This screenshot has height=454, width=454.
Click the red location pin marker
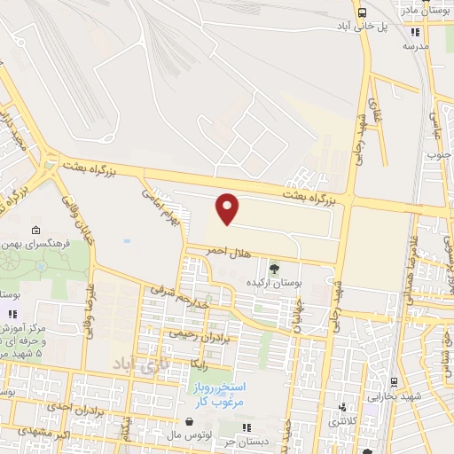point(229,208)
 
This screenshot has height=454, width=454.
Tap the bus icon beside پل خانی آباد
point(362,12)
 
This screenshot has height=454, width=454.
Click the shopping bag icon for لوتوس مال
point(188,421)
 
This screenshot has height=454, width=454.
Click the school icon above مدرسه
point(411,28)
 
